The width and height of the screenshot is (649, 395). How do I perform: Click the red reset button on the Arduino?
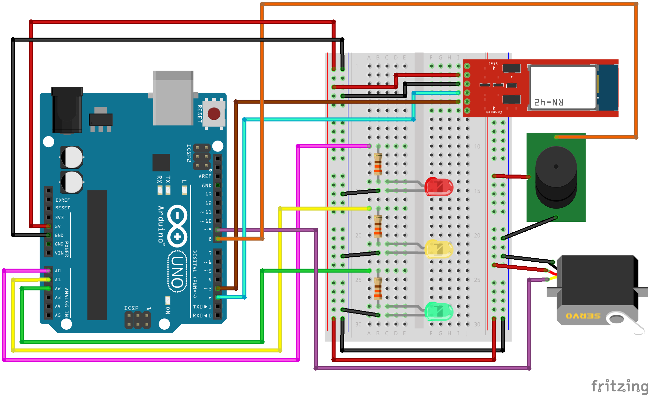(x=214, y=114)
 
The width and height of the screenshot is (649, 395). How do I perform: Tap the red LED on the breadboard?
(x=439, y=187)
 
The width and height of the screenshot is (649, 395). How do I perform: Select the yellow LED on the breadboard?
(x=439, y=249)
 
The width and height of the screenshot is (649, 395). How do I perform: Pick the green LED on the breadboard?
(x=439, y=311)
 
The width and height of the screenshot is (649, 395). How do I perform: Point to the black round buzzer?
(x=556, y=177)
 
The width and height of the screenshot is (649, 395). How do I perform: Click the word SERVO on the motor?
(x=583, y=316)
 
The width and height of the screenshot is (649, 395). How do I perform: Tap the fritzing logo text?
(x=619, y=386)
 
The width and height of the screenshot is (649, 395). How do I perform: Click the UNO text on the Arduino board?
(x=177, y=272)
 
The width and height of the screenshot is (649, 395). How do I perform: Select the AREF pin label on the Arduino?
(x=205, y=176)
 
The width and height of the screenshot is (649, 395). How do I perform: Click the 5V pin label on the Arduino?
(x=58, y=226)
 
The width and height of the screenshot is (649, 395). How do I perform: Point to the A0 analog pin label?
(x=58, y=271)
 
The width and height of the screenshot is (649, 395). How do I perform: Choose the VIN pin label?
(x=59, y=253)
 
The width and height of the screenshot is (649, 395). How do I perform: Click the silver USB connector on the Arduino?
(x=173, y=98)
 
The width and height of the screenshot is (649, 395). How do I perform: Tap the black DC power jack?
(x=67, y=110)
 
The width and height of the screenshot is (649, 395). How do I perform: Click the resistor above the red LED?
(x=378, y=164)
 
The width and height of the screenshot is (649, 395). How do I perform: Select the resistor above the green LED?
(x=378, y=288)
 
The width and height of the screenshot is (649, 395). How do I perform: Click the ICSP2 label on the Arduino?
(x=189, y=153)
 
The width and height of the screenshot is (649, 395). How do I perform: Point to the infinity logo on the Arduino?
(x=177, y=226)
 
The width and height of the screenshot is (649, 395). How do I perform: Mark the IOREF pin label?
(x=62, y=200)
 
